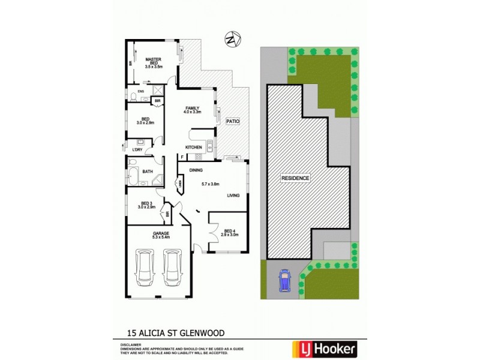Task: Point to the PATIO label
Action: pos(233,121)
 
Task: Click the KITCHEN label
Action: pos(193,148)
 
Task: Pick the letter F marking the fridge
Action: pos(182,157)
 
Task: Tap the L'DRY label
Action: pos(137,149)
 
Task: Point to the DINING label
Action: pos(196,170)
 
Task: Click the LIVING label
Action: pos(234,196)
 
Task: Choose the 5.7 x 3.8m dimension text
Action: pos(211,184)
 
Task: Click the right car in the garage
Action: pos(172,270)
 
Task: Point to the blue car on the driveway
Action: pos(284,280)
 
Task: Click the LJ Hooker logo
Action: pos(324,348)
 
